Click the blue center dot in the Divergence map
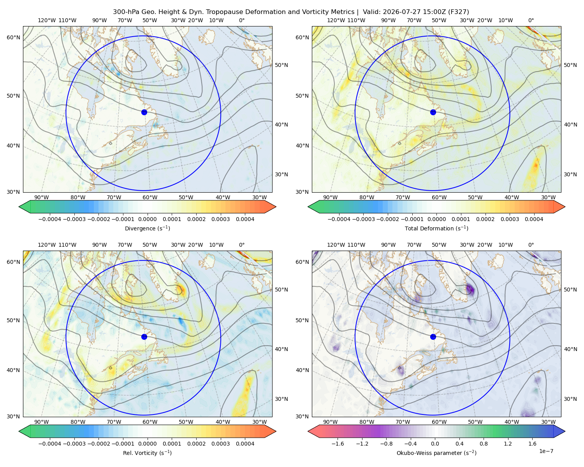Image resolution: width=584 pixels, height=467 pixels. coord(144,112)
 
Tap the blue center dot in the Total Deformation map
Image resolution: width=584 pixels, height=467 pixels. coord(433,112)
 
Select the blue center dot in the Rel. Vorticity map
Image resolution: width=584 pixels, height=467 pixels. coord(144,337)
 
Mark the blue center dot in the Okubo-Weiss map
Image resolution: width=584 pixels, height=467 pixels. coord(433,337)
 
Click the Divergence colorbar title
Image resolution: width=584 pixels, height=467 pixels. coord(147,228)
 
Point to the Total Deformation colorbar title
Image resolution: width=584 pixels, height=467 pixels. coord(436,228)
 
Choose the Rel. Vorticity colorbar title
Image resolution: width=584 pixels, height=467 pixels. coord(147,453)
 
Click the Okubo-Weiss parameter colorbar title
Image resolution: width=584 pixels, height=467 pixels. coord(436,453)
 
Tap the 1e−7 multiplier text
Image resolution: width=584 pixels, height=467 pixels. coord(546,451)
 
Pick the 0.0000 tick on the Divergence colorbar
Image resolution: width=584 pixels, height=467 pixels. coord(147,219)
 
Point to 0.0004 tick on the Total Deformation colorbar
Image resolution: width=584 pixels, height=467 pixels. coord(534,219)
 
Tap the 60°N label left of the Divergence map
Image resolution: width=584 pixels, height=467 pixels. coord(13,37)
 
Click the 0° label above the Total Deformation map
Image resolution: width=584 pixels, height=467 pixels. coord(531,20)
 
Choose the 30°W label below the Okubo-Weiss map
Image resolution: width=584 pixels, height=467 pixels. coord(548,422)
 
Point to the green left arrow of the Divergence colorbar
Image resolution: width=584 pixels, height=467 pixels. coord(25,207)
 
